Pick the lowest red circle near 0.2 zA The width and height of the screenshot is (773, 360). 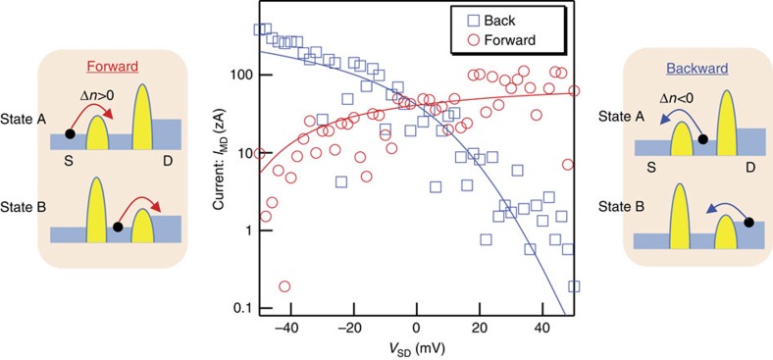pos(284,286)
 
